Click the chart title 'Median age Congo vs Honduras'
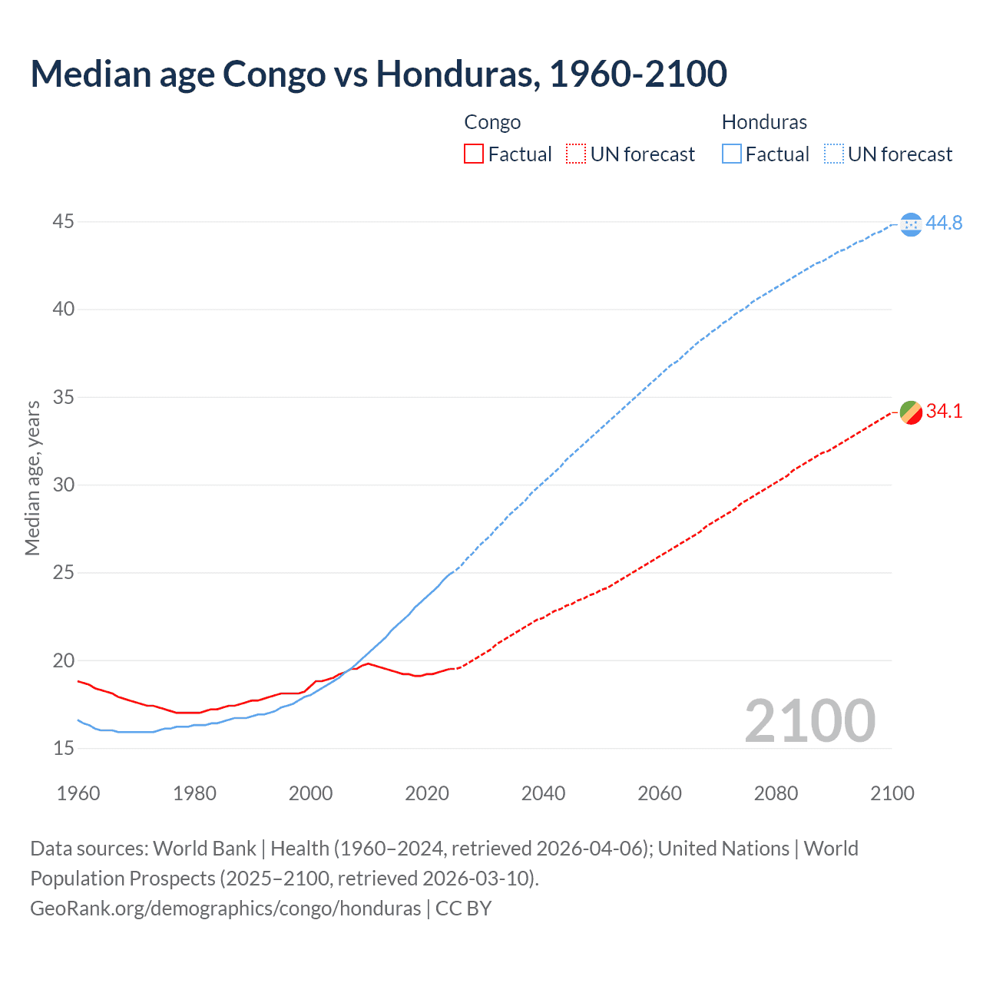coord(378,74)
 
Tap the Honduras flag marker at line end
coord(910,224)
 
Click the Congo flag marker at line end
coord(910,412)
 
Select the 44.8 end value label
coord(944,223)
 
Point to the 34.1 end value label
coord(944,411)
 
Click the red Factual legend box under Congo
coord(474,154)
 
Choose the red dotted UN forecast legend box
coord(576,154)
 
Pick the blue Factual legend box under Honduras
coord(731,154)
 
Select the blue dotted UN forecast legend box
coord(833,154)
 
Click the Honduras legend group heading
coord(764,122)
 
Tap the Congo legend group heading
coord(492,122)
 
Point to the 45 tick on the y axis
coord(64,222)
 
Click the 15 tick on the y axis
coord(64,748)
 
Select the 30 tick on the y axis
coord(64,485)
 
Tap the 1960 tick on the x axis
coord(78,793)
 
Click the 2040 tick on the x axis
coord(543,793)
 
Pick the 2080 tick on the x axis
coord(776,793)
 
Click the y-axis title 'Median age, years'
coord(32,478)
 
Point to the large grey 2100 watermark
coord(809,720)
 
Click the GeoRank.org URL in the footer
coord(225,909)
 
